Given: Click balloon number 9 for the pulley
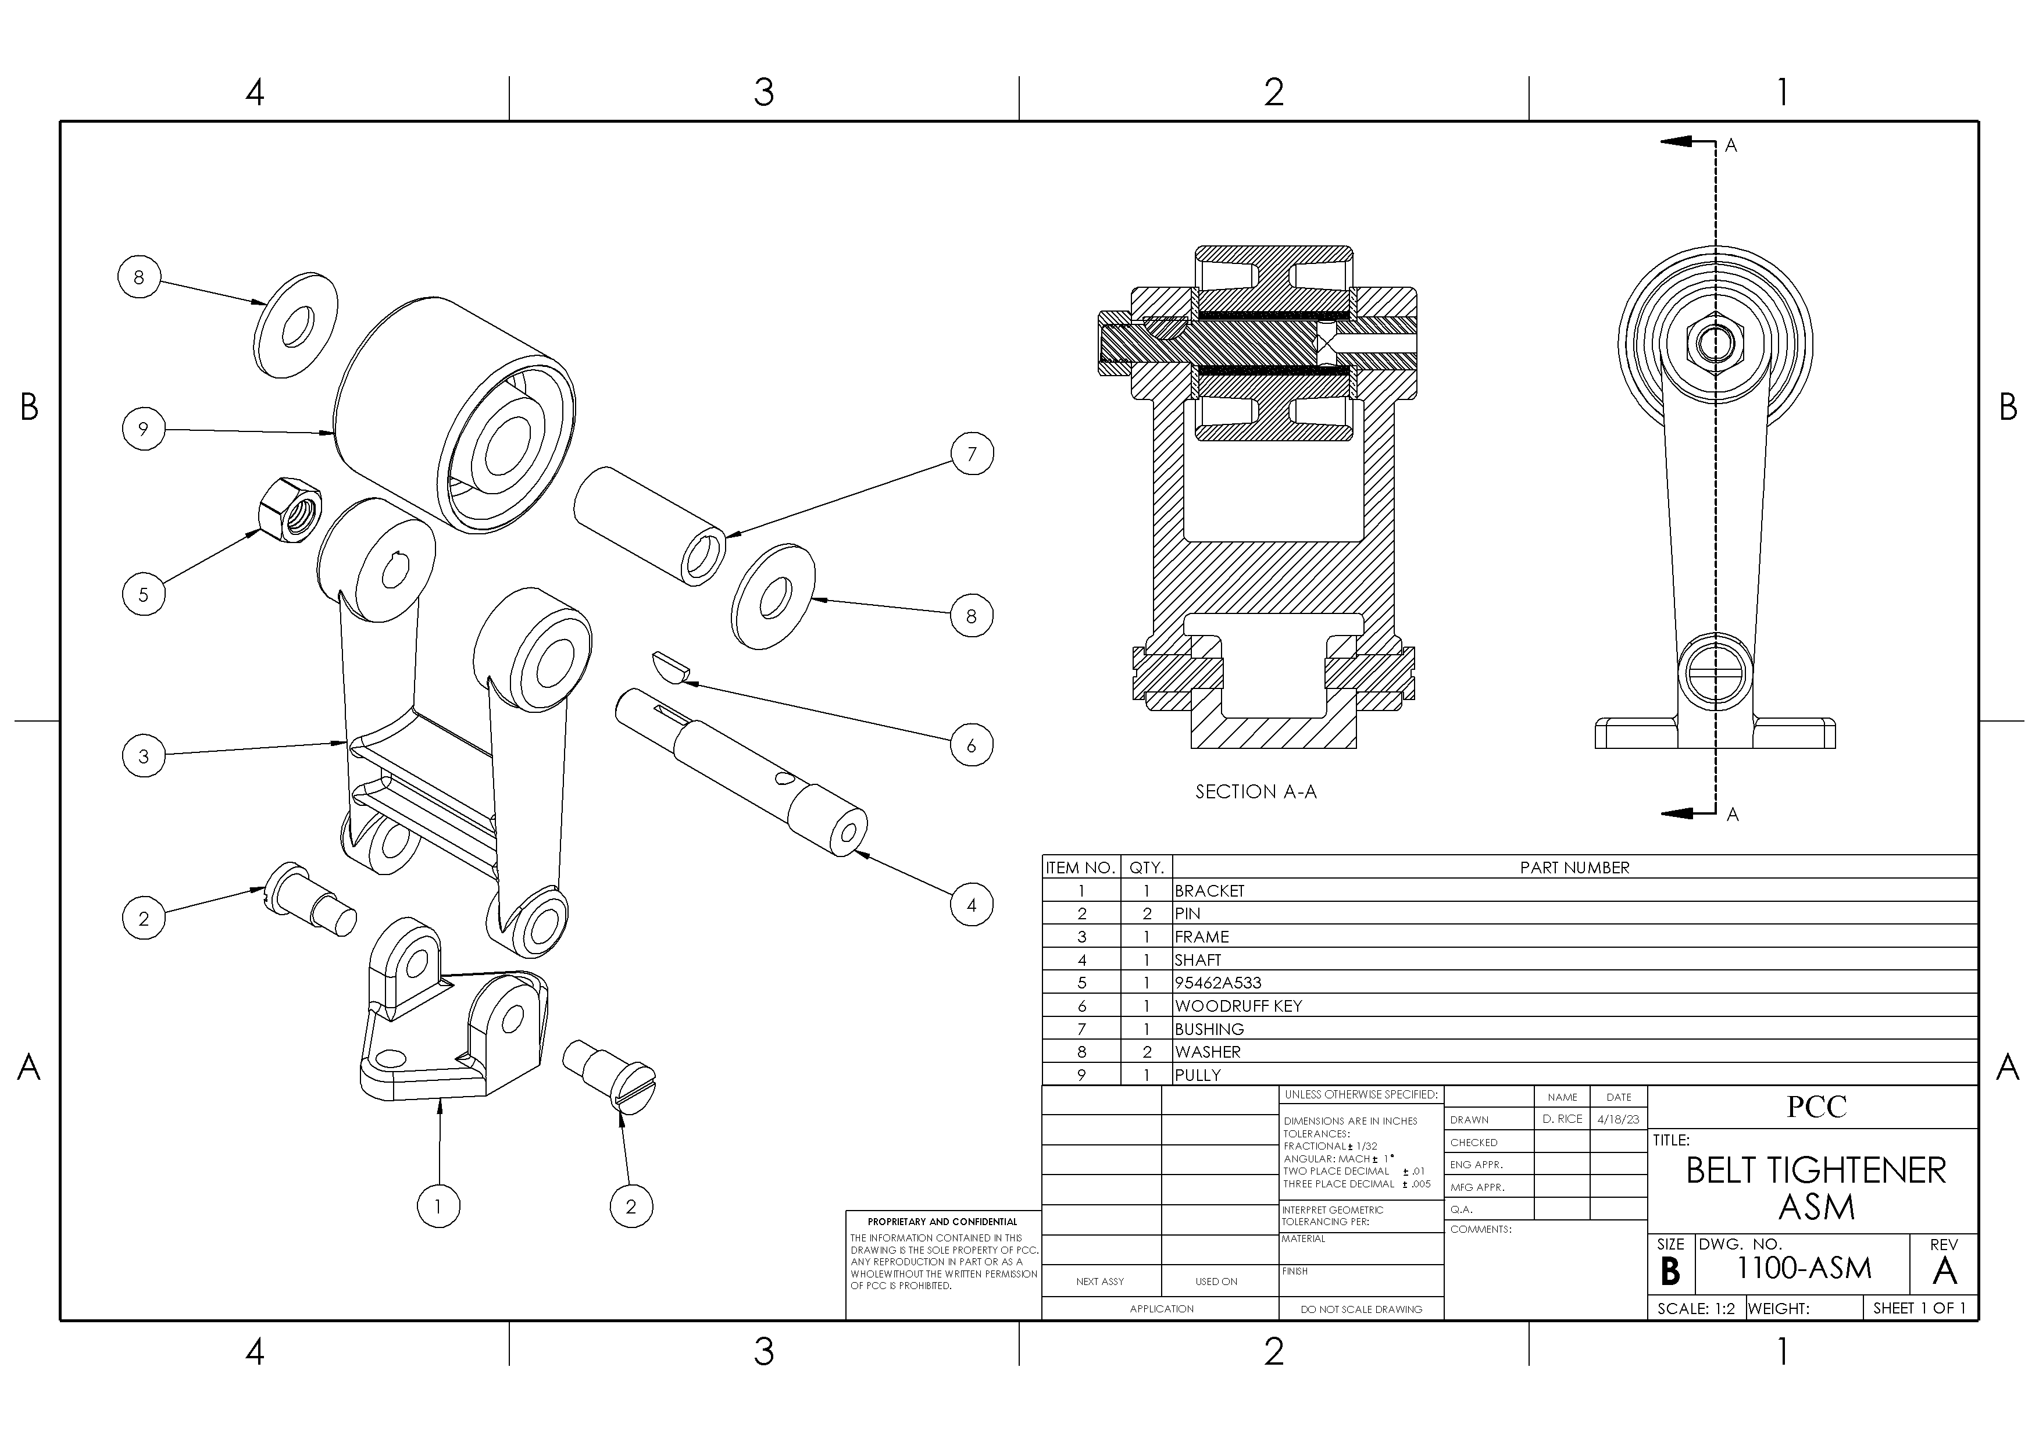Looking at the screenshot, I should click(x=143, y=429).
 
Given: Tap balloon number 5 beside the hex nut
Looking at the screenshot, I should click(x=143, y=594).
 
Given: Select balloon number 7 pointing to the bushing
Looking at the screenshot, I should click(x=972, y=454).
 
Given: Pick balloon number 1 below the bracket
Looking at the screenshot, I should click(x=438, y=1206).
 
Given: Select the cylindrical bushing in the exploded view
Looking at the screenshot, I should click(x=649, y=525).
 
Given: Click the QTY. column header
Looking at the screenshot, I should click(x=1147, y=868).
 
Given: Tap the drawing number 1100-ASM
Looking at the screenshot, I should click(x=1804, y=1268).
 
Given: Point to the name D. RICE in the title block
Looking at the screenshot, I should click(x=1562, y=1120).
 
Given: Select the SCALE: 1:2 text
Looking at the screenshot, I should click(x=1695, y=1309).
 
